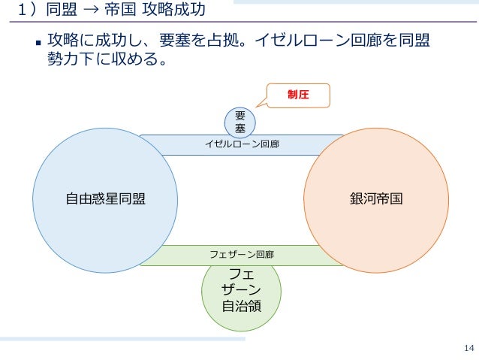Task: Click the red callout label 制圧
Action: (x=299, y=95)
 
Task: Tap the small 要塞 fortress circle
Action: (x=241, y=123)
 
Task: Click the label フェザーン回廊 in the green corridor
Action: (x=242, y=256)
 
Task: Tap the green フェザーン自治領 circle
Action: (x=242, y=296)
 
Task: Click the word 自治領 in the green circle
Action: (x=242, y=306)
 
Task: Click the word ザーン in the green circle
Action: (x=242, y=289)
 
